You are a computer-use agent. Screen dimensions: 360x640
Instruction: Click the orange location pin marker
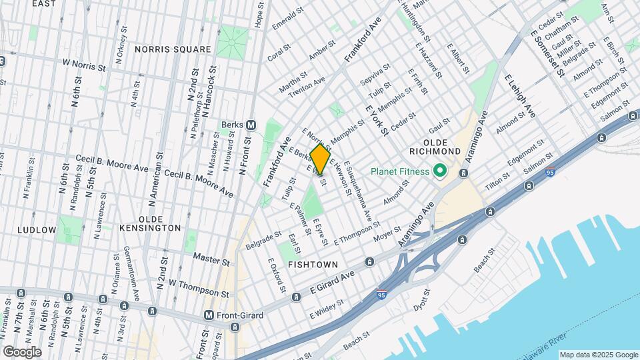(x=320, y=159)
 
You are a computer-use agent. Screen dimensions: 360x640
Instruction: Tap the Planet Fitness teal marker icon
(x=439, y=171)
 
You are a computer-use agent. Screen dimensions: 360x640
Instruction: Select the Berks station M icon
(x=251, y=125)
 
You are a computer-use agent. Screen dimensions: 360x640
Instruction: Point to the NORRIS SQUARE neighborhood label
(x=173, y=49)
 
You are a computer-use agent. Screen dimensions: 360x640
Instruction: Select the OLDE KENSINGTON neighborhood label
(x=150, y=227)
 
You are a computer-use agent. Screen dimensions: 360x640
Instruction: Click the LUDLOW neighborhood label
(x=38, y=229)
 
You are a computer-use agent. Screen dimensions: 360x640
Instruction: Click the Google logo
(x=21, y=351)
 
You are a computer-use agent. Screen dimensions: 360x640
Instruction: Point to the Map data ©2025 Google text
(x=598, y=355)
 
